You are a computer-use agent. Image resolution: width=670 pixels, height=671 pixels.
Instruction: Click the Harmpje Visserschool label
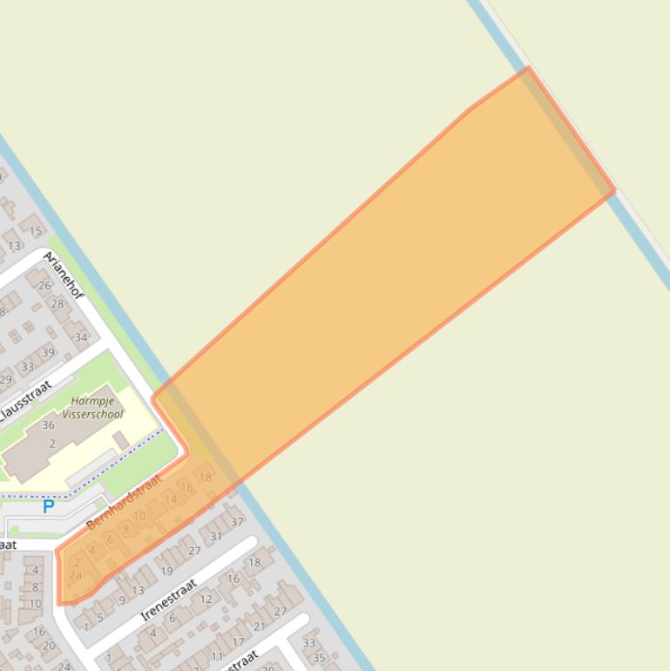[x=98, y=408]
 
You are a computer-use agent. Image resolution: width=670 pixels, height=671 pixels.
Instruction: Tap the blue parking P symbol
[x=49, y=506]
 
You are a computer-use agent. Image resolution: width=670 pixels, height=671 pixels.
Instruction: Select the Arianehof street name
[x=64, y=276]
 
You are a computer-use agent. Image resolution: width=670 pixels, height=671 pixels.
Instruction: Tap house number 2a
[x=75, y=575]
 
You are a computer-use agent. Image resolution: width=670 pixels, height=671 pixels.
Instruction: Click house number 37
[x=237, y=522]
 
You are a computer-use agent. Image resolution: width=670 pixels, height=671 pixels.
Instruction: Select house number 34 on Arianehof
[x=81, y=337]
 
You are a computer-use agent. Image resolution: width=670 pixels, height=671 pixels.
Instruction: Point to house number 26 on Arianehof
[x=44, y=285]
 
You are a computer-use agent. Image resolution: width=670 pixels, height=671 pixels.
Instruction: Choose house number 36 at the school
[x=48, y=425]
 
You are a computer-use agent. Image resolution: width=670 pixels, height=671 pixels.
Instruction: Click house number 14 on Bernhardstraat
[x=170, y=499]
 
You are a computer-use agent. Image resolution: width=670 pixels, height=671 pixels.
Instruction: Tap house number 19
[x=166, y=572]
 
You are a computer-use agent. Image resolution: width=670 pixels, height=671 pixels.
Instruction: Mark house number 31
[x=215, y=536]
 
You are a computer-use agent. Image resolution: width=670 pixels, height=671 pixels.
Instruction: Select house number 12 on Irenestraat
[x=206, y=599]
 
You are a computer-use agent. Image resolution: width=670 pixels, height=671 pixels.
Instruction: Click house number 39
[x=49, y=352]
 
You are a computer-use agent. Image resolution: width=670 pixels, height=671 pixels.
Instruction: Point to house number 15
[x=36, y=231]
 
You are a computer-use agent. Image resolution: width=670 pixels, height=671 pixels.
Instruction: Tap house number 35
[x=318, y=658]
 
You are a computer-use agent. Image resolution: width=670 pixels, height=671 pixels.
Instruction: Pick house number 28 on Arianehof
[x=58, y=304]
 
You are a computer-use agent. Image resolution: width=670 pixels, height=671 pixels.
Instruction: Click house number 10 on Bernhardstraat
[x=139, y=516]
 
